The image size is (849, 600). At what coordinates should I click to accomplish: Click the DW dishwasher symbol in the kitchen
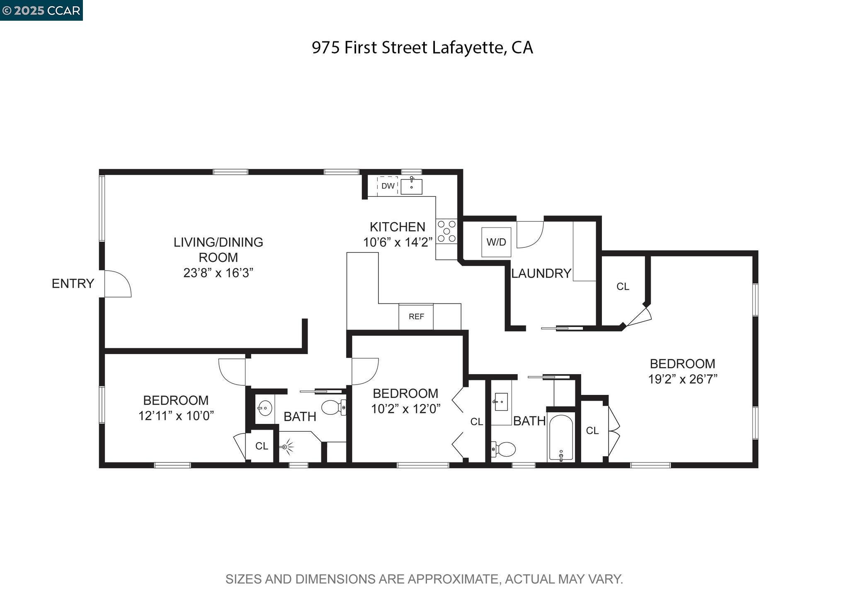pos(388,186)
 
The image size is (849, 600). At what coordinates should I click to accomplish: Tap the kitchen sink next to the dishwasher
pos(411,186)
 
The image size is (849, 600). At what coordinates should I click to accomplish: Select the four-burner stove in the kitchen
pos(446,231)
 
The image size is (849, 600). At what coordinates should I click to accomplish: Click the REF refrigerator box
pos(416,317)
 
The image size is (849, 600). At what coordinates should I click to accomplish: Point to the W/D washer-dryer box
pos(496,242)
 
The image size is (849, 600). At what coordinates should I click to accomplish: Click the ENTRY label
pos(73,283)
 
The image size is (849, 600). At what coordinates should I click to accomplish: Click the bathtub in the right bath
pos(561,438)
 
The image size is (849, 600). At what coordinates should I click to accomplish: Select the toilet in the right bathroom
pos(504,449)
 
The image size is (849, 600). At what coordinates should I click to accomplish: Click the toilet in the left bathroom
pos(332,407)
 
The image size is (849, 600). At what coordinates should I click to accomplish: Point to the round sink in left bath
pos(264,408)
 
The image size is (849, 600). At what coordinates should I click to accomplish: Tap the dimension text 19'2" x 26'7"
pos(682,379)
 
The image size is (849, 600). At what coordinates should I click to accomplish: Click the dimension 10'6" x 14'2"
pos(398,242)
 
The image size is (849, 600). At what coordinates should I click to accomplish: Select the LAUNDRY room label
pos(541,273)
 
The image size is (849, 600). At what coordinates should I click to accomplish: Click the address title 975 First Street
pos(422,48)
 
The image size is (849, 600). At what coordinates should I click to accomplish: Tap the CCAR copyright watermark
pos(41,10)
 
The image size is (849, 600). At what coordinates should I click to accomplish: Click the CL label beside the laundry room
pos(623,286)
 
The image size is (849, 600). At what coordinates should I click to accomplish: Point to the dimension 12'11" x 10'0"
pos(176,416)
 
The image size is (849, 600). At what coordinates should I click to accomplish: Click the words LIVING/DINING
pos(218,242)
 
